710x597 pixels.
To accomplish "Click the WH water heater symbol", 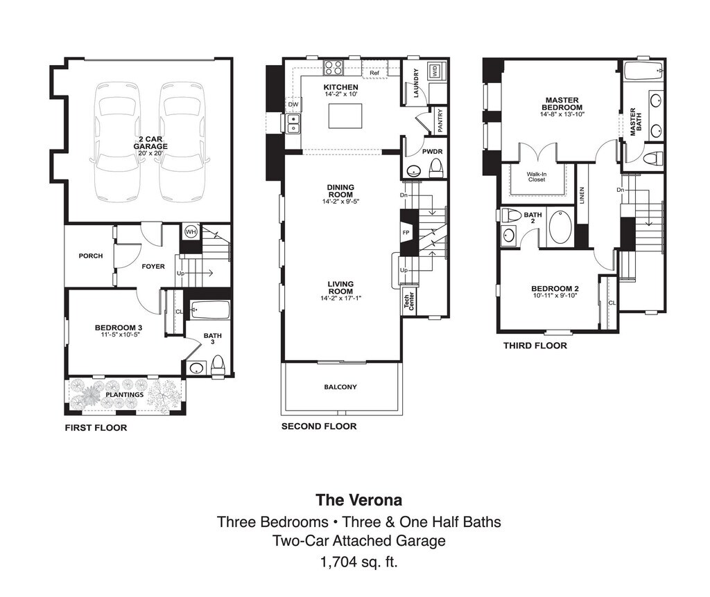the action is tap(190, 232).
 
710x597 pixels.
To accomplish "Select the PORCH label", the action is tap(90, 256).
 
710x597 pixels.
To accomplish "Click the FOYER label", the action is tap(153, 267).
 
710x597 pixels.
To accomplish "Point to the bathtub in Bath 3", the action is tap(209, 310).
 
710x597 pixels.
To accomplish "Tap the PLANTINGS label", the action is tap(124, 395).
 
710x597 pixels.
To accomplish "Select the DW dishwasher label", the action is tap(293, 105).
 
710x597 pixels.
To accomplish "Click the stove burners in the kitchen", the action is tap(334, 68).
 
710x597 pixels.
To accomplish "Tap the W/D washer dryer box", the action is tap(435, 71).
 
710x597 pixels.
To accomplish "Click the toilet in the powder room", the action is tap(436, 168).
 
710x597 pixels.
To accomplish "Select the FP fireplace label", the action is tap(406, 233).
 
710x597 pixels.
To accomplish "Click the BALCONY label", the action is tap(340, 386).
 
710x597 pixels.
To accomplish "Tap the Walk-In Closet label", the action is tap(536, 177).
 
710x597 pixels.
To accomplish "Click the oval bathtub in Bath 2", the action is tap(560, 228).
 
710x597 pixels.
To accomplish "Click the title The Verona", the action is tap(358, 499).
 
